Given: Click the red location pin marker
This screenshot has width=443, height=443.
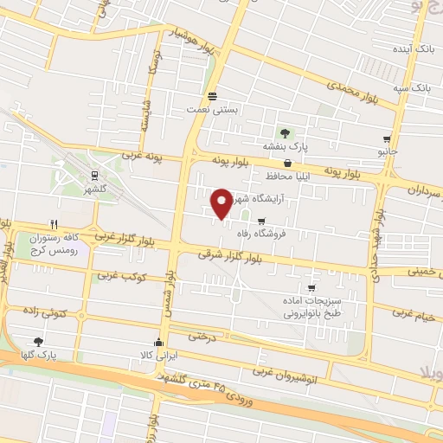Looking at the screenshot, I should coord(221,203).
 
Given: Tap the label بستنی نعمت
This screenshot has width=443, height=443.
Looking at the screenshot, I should coord(212,110).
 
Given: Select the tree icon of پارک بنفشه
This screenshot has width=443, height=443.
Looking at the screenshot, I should coord(285,132).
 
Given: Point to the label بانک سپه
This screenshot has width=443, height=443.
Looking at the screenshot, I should coord(412,87).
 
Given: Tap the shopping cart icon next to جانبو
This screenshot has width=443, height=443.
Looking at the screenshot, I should coord(386,139).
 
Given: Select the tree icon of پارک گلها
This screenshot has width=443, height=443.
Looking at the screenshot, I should coord(37,342).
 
